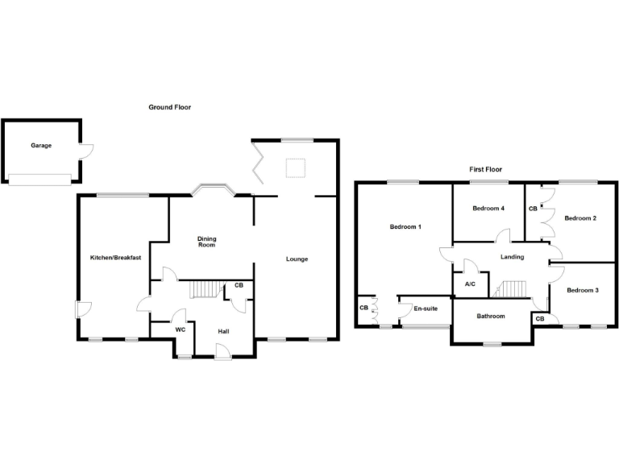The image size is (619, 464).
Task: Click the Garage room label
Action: [x=41, y=146]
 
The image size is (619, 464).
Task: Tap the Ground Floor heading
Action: [x=169, y=107]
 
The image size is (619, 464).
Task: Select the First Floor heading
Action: [x=485, y=170]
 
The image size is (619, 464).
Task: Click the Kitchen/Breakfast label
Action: [x=116, y=258]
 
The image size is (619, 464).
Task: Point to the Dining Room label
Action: [x=208, y=241]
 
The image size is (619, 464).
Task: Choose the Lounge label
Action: [x=297, y=259]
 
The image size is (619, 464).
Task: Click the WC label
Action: [x=181, y=329]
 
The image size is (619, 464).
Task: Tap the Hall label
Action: [x=225, y=329]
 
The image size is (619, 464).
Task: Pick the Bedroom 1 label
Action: [x=405, y=227]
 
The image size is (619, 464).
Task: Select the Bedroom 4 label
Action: [x=488, y=209]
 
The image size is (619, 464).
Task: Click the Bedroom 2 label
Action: [x=580, y=217]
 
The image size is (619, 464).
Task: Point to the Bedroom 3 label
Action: [x=582, y=290]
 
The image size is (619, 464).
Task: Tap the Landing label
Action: [x=512, y=257]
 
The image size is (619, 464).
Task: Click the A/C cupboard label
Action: [x=470, y=284]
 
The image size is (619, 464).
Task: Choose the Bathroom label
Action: [x=490, y=316]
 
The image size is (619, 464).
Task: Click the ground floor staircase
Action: [x=205, y=288]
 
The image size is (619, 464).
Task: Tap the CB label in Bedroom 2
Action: [x=532, y=209]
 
